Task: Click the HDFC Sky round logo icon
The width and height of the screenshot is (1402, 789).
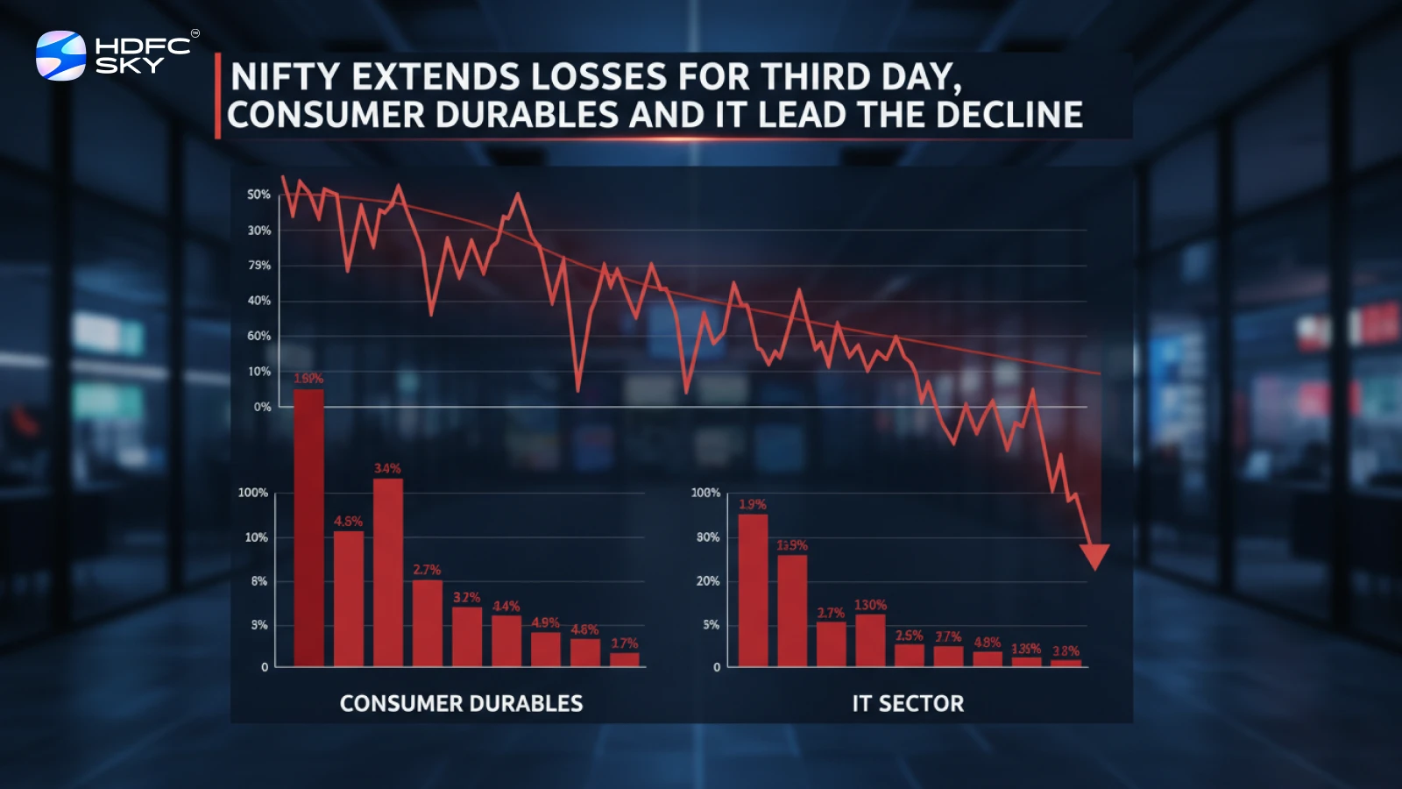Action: [60, 55]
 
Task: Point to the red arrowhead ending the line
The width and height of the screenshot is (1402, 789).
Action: [1094, 556]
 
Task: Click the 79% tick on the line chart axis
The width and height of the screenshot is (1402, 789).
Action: [259, 265]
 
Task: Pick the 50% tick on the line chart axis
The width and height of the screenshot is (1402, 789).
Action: [258, 194]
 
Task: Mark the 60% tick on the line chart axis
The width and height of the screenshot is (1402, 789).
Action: [258, 336]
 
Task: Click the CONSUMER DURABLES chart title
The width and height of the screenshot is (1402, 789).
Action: [461, 703]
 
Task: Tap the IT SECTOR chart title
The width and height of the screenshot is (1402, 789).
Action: [908, 703]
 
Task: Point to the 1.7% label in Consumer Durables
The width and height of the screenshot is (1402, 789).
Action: [625, 643]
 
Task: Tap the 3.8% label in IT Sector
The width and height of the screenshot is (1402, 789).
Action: [1066, 651]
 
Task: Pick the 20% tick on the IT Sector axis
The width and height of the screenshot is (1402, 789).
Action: [708, 581]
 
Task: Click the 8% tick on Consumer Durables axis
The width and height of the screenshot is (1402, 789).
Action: [259, 581]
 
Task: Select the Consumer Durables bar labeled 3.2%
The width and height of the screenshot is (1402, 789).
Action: [467, 636]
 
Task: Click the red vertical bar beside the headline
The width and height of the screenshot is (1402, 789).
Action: [217, 96]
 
